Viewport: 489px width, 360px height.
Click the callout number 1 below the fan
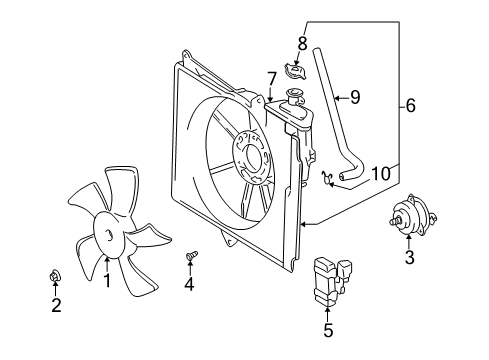[x=107, y=280]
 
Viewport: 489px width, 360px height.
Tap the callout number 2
[x=56, y=305]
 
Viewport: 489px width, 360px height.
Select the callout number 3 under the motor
[x=409, y=257]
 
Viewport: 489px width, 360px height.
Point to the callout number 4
[x=189, y=284]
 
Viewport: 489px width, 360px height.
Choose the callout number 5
[x=328, y=330]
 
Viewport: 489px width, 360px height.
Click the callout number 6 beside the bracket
[x=411, y=106]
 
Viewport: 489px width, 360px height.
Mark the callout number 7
[x=272, y=79]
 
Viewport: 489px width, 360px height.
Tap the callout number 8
[x=302, y=43]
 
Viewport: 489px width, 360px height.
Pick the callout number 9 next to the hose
[x=355, y=97]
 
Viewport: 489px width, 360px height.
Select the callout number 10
[x=380, y=174]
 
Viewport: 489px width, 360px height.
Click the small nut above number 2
[x=55, y=276]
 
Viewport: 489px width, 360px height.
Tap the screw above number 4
[x=191, y=255]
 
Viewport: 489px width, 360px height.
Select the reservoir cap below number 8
[x=295, y=71]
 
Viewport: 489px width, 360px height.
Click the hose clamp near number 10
[x=327, y=178]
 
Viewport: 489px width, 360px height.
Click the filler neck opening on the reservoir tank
[x=294, y=91]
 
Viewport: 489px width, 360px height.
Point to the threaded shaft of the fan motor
[x=395, y=221]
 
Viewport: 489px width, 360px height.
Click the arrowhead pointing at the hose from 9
[x=337, y=98]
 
